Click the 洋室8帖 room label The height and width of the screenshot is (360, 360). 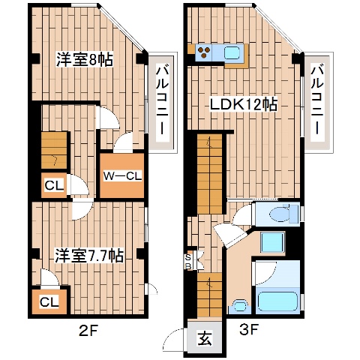[84, 60]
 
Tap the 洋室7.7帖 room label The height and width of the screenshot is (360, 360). [88, 255]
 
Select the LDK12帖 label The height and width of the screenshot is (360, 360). [243, 105]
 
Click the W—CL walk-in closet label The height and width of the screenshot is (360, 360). [121, 177]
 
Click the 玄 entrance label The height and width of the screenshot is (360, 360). [203, 337]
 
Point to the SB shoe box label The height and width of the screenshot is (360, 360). [188, 259]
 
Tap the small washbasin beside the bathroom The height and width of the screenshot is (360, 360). [240, 305]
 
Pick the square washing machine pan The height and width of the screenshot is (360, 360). [271, 243]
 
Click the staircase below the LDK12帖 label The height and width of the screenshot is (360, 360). [210, 172]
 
